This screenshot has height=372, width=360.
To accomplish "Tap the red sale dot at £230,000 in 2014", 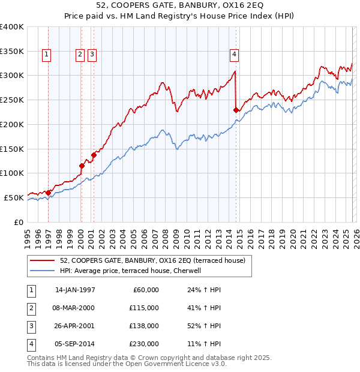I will click(236, 110).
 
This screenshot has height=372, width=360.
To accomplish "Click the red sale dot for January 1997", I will click(49, 193).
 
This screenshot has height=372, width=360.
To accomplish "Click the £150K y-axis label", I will click(12, 149).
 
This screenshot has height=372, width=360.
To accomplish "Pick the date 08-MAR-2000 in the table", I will click(74, 308).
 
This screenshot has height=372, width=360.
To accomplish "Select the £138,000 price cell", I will click(144, 326).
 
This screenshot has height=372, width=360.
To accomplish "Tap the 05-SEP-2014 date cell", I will click(74, 344).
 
